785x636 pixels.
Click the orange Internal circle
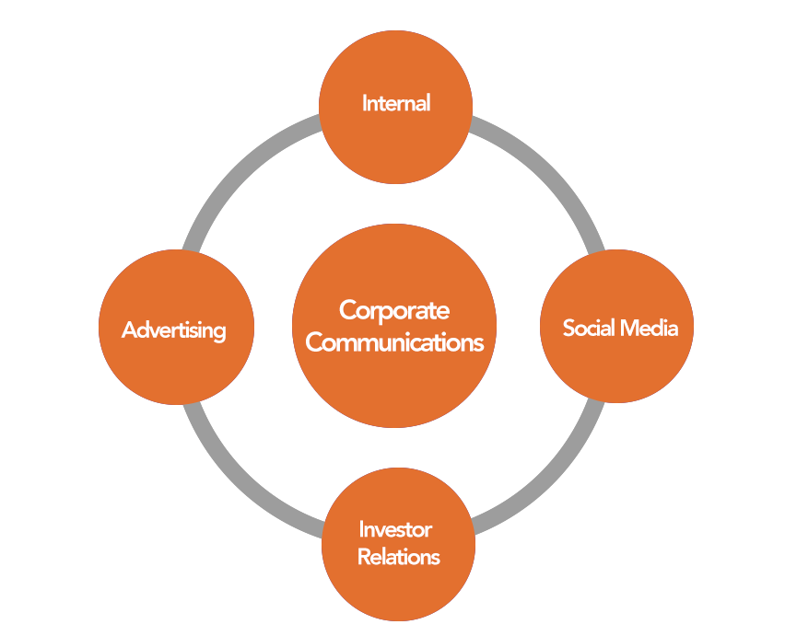(x=395, y=138)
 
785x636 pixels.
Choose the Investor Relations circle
(x=398, y=580)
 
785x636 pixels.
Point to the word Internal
(x=396, y=102)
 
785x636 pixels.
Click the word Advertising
(x=174, y=330)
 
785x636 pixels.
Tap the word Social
(x=589, y=328)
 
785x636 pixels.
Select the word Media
(x=649, y=328)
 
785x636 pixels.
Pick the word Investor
(x=395, y=529)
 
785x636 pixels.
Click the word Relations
(x=398, y=557)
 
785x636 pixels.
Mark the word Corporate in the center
(x=394, y=310)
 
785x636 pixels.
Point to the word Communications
(x=394, y=342)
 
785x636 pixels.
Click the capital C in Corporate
(x=348, y=310)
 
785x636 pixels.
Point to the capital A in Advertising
(x=130, y=330)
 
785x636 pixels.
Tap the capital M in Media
(x=627, y=328)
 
